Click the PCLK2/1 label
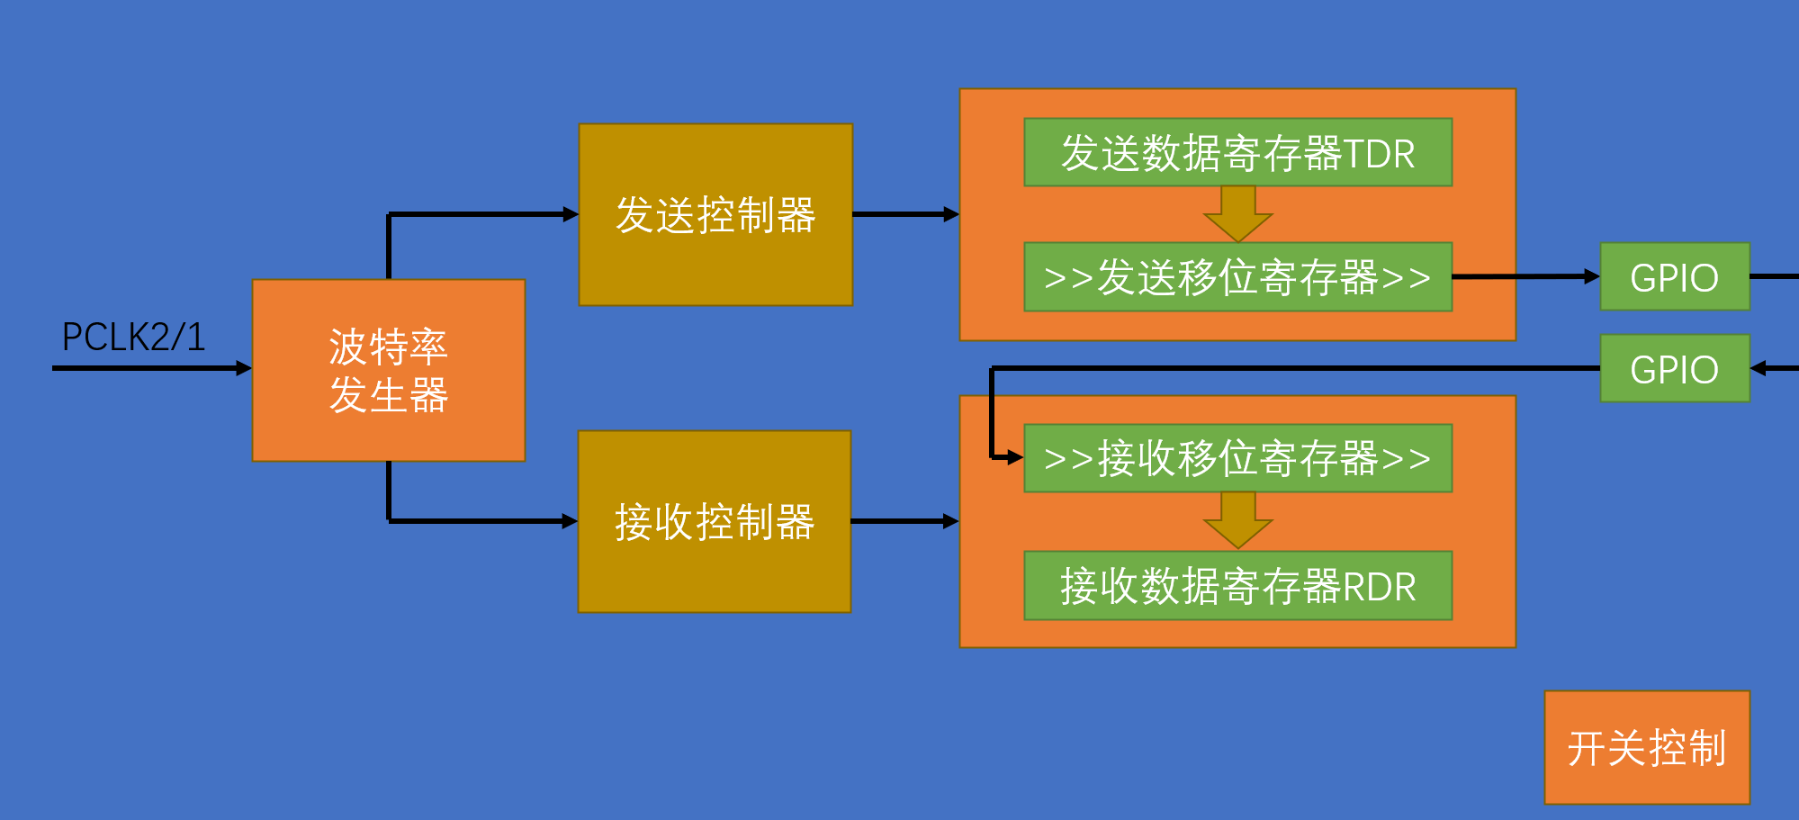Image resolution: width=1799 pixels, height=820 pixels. (x=133, y=338)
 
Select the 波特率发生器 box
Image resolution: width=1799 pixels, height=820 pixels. (x=388, y=371)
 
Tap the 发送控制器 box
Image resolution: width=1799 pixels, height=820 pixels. (x=715, y=215)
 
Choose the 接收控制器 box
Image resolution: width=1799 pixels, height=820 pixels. (x=715, y=522)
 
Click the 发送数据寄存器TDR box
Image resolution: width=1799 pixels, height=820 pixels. (x=1237, y=153)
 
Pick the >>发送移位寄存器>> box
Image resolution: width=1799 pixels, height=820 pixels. (x=1237, y=277)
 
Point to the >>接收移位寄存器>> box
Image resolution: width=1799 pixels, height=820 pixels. (x=1237, y=458)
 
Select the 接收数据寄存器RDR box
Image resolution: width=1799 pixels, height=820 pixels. (x=1237, y=586)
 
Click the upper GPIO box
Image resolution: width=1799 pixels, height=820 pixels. (x=1674, y=277)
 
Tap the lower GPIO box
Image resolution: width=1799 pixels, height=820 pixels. (x=1674, y=369)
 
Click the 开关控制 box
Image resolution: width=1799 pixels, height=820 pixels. (x=1647, y=748)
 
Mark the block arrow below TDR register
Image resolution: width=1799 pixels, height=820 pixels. (x=1238, y=215)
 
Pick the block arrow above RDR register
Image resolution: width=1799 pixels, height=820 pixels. (x=1238, y=521)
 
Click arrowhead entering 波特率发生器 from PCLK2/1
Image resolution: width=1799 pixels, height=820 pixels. (x=244, y=368)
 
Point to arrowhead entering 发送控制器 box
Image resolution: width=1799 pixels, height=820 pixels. (x=571, y=214)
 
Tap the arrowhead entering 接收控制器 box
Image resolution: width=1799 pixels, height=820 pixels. (x=570, y=521)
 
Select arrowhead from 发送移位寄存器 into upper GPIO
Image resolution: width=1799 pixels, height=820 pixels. (x=1592, y=277)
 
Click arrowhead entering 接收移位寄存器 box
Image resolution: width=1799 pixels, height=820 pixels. (x=1015, y=457)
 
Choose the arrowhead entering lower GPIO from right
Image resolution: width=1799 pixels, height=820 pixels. (x=1759, y=368)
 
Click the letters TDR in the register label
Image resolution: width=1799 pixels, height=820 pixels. (x=1379, y=154)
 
